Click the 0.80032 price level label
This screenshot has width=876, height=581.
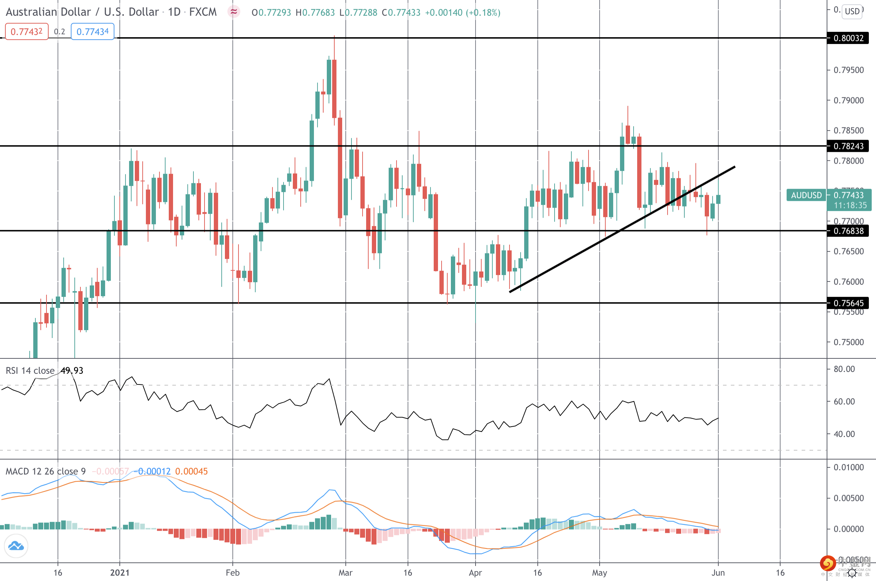848,38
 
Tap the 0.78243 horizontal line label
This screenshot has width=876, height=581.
848,146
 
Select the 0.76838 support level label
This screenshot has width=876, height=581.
848,231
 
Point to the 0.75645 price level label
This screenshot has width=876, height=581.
848,303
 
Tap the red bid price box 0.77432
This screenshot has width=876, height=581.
26,32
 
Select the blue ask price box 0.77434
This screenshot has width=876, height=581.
92,32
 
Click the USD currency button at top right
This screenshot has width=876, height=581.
852,11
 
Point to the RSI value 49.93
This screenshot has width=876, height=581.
72,371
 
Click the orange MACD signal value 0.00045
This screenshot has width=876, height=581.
191,471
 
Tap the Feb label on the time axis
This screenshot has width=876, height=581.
232,572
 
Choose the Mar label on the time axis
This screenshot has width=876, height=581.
345,572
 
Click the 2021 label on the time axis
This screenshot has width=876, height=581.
120,572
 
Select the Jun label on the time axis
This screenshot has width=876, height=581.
718,572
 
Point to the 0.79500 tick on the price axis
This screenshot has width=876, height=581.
848,70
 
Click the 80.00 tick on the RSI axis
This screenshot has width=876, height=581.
844,369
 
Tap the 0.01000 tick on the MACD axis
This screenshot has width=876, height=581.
848,467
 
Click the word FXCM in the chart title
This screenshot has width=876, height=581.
203,12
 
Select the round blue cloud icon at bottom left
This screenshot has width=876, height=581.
16,546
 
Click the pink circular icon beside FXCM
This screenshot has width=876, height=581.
233,12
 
